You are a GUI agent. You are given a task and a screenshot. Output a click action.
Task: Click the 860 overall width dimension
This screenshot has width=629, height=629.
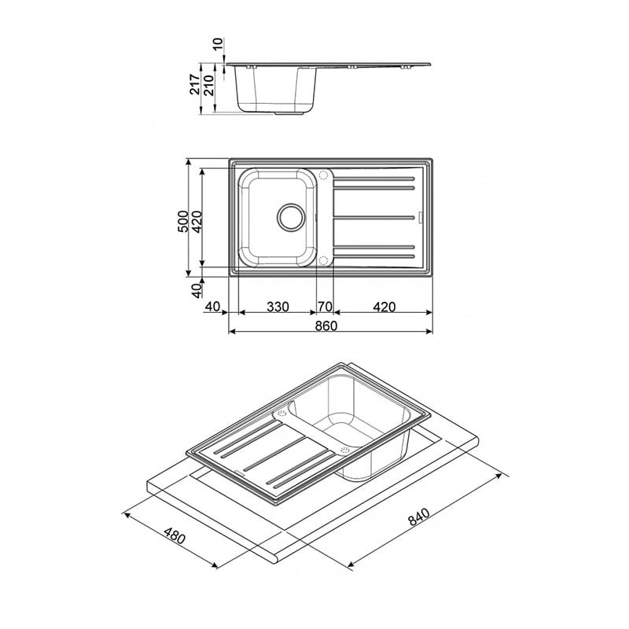[326, 326]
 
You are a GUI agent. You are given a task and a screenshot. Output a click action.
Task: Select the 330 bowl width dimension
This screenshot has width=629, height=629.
[278, 307]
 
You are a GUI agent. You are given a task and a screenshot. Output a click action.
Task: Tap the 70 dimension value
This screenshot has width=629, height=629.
[326, 307]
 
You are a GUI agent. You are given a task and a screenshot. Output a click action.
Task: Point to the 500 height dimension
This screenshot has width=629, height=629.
[183, 221]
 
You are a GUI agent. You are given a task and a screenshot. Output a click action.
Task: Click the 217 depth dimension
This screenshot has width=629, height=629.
[195, 84]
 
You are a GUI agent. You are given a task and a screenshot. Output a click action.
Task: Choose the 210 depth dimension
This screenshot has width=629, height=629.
[209, 84]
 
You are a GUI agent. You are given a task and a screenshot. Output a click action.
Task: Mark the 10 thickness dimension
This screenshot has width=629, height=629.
[218, 44]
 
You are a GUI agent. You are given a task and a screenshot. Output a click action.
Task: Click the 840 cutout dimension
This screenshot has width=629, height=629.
[419, 517]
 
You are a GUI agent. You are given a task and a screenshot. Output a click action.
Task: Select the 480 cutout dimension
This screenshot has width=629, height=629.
[175, 536]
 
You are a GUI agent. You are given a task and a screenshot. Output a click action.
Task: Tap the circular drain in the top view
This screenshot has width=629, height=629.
[291, 217]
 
